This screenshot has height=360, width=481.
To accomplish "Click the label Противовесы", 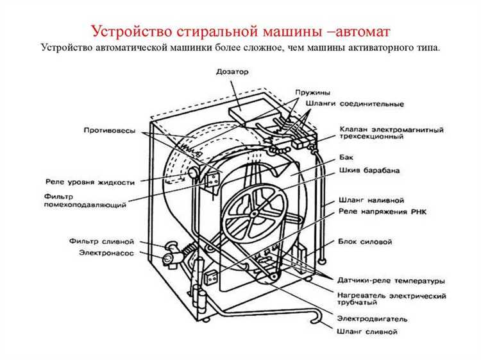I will tap(110, 131).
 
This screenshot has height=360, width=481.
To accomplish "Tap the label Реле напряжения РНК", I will tap(382, 212).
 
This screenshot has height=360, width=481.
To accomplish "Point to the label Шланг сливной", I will tap(366, 332).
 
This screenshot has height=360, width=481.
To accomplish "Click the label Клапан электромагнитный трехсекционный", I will tap(391, 134).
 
